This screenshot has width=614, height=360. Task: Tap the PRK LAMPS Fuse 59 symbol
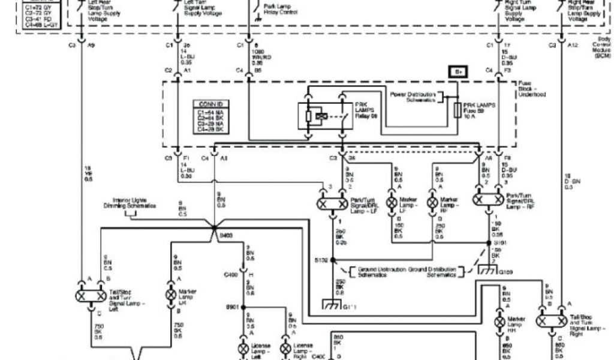pyautogui.click(x=458, y=111)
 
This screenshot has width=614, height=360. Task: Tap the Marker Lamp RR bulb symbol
pyautogui.click(x=499, y=322)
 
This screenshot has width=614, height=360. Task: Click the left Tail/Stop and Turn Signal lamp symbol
pyautogui.click(x=91, y=295)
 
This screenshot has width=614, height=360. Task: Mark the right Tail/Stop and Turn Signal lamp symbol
pyautogui.click(x=551, y=322)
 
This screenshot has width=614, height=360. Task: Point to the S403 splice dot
pyautogui.click(x=213, y=229)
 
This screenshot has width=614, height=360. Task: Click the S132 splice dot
pyautogui.click(x=332, y=262)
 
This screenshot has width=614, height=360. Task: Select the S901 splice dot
pyautogui.click(x=245, y=307)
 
